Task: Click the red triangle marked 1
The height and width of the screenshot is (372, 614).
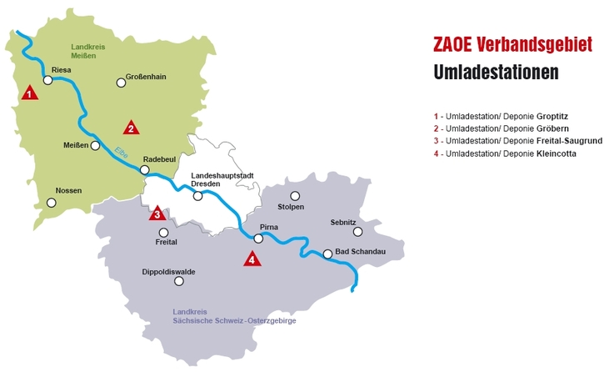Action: (x=30, y=93)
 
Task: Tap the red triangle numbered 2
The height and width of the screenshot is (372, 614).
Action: (x=131, y=128)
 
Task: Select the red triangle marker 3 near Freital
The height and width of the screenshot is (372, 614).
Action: (x=157, y=214)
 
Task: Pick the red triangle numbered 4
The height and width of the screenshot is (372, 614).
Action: (x=252, y=259)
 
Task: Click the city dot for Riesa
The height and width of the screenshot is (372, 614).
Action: (x=48, y=81)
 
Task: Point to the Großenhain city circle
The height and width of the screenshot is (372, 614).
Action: (x=120, y=83)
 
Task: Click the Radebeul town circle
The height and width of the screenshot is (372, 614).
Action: (x=145, y=170)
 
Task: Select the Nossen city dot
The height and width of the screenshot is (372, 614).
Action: (x=52, y=203)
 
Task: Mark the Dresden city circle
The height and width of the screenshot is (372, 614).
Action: (x=198, y=196)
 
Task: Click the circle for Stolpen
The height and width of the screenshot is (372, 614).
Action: (x=295, y=196)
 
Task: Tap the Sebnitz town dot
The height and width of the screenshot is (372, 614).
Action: (x=358, y=232)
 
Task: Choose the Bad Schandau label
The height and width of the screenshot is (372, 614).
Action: (x=359, y=252)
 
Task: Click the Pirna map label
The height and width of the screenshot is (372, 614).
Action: (x=268, y=227)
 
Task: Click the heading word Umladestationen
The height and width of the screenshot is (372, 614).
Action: (x=496, y=73)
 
